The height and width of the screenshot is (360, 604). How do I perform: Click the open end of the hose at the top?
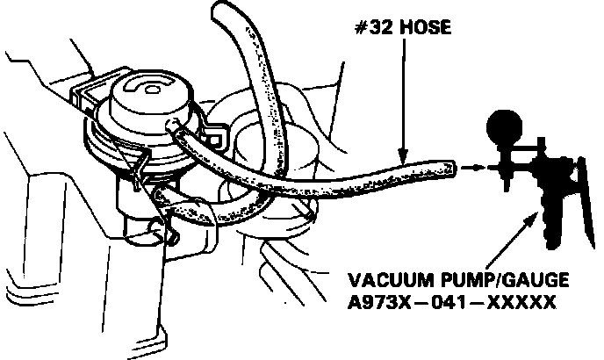click(x=222, y=10)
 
